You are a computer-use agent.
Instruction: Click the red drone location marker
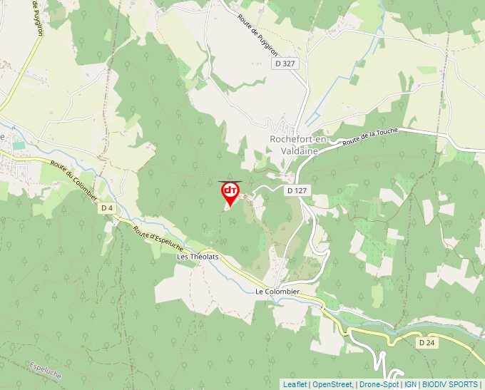(x=230, y=193)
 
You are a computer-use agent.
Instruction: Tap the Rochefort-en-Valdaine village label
(x=299, y=145)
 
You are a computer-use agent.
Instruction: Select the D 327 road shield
(x=285, y=63)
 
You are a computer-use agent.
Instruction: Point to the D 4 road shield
(x=107, y=207)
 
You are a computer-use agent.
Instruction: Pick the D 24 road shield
(x=427, y=343)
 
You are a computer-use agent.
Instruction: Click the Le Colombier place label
(x=277, y=292)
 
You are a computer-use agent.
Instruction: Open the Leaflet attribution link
(x=295, y=384)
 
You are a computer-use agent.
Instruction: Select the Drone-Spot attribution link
(x=379, y=384)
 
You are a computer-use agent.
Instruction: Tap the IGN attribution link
(x=410, y=384)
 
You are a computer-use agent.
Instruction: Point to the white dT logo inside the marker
(x=230, y=190)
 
